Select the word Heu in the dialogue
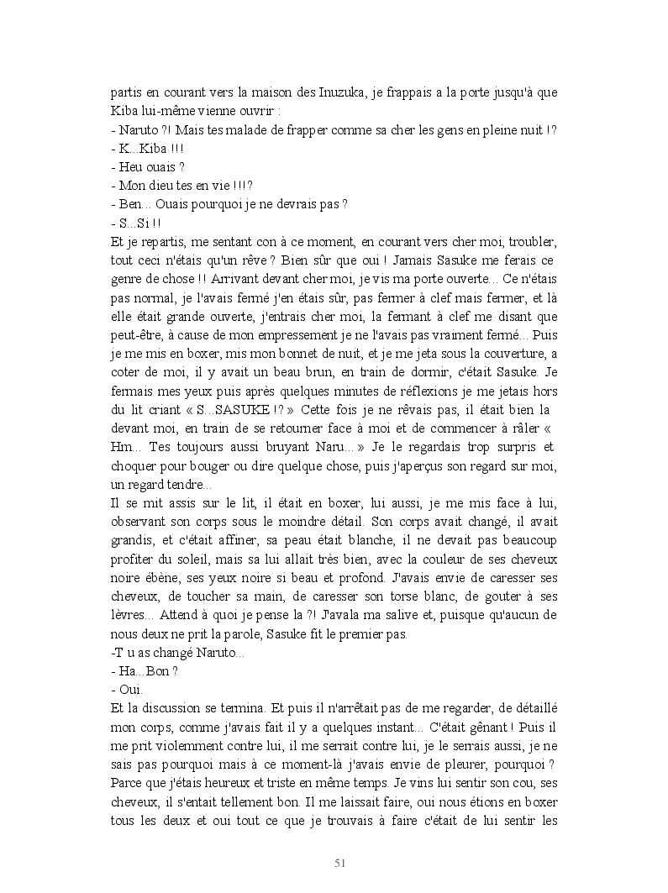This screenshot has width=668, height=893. click(131, 167)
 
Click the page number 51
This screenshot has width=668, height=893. click(340, 863)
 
